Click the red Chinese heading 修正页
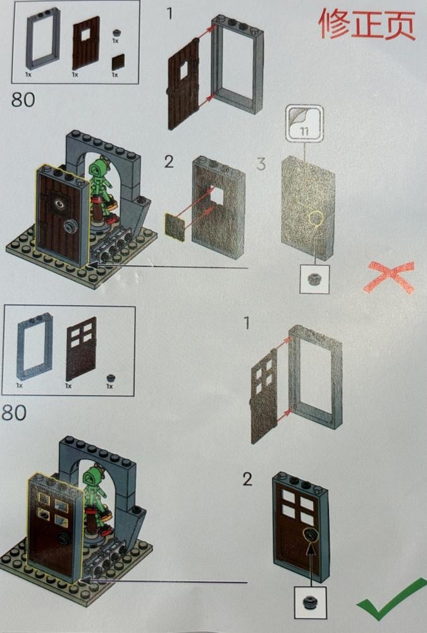(366, 23)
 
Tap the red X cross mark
(389, 276)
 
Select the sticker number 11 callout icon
(304, 123)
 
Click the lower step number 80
(14, 413)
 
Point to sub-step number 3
(261, 163)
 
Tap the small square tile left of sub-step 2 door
(175, 227)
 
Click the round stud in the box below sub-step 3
(314, 279)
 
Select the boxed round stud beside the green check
(310, 603)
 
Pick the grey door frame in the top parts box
(43, 39)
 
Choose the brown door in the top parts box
(86, 44)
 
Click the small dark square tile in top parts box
(118, 62)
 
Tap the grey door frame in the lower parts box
(35, 347)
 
